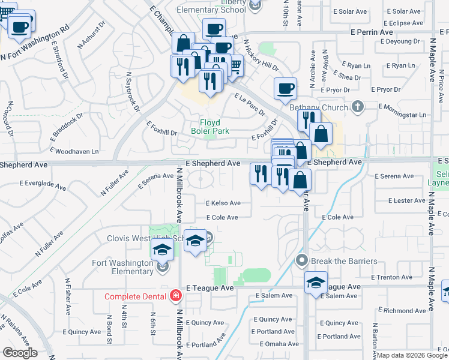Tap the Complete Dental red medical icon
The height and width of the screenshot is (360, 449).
175,296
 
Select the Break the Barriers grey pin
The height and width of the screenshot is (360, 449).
302,260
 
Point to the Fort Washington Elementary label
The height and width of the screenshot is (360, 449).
123,267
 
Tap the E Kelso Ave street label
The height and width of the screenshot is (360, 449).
223,203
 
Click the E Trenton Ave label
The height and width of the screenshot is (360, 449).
391,277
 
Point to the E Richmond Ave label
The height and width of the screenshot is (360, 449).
405,311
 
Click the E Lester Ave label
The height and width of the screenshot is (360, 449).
406,200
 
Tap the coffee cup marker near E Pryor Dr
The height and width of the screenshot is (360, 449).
285,89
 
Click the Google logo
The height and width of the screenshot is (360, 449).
20,352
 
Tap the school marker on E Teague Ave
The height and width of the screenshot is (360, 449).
316,283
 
